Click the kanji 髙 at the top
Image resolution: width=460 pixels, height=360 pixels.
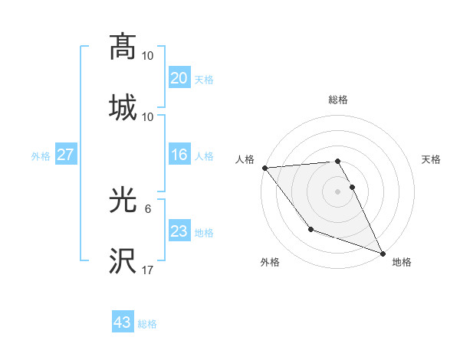[x=123, y=47]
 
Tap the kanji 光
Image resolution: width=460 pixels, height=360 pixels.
[x=123, y=201]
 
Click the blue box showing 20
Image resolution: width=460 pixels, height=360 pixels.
[x=179, y=77]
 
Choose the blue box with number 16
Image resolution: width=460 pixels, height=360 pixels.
[x=179, y=155]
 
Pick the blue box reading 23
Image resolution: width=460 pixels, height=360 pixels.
[x=179, y=231]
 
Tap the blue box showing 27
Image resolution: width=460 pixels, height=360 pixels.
[x=65, y=155]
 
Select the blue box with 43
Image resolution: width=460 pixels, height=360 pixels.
[x=123, y=322]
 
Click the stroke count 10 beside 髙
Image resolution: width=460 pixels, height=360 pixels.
[x=148, y=56]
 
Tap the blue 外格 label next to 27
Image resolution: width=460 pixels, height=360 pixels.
[x=41, y=155]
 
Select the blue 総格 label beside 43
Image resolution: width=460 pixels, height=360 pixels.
[x=147, y=324]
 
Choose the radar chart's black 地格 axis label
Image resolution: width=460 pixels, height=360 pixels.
[x=402, y=262]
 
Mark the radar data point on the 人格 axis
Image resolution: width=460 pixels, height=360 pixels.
[x=264, y=168]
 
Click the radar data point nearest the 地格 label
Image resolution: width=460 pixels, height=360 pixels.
[x=382, y=253]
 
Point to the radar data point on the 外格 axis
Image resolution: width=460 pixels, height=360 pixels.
[x=310, y=229]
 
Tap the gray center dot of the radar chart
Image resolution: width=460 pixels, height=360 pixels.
[x=337, y=191]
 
